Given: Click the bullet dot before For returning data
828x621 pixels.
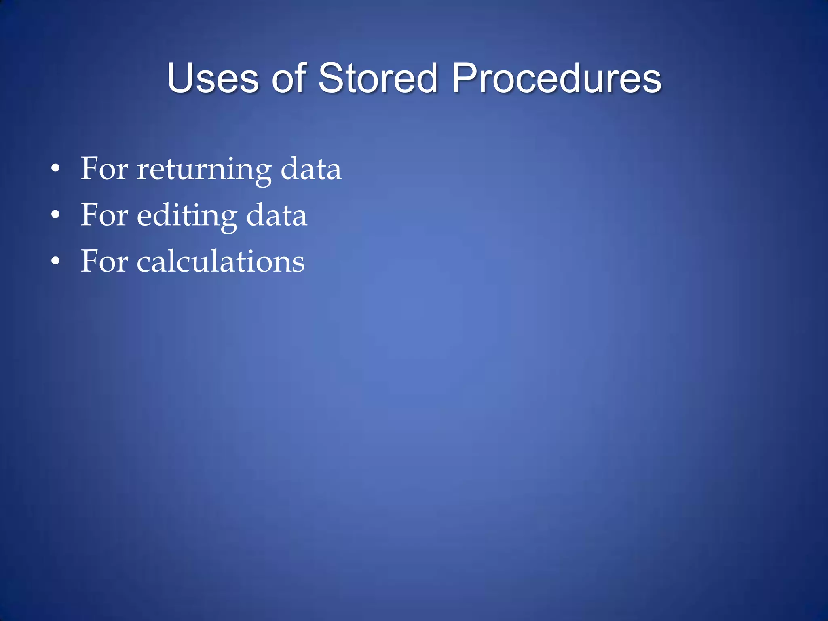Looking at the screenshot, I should pyautogui.click(x=56, y=169).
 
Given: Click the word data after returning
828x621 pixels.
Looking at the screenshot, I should pyautogui.click(x=310, y=169).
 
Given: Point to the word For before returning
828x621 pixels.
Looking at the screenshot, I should pyautogui.click(x=104, y=169).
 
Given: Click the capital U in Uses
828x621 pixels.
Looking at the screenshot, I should pyautogui.click(x=180, y=78).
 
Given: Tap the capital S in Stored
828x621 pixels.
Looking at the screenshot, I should pyautogui.click(x=331, y=78).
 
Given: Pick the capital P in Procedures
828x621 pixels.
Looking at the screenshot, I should pyautogui.click(x=464, y=78).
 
